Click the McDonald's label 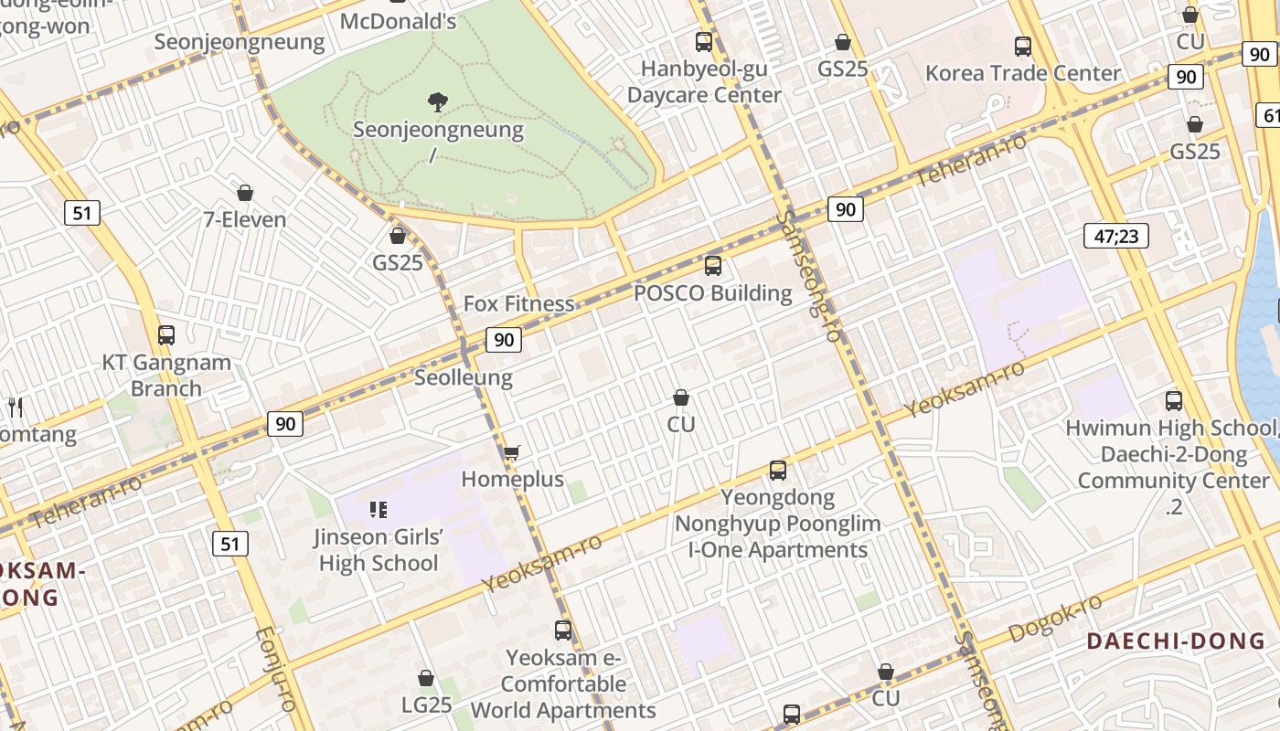[x=398, y=20]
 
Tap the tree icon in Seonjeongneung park [x=438, y=101]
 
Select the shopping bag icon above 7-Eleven [x=244, y=193]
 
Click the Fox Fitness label [x=518, y=303]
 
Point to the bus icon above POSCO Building [x=713, y=266]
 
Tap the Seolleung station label [x=464, y=377]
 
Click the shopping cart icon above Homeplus [x=512, y=452]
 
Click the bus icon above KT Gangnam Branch [x=165, y=334]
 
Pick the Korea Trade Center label [x=1023, y=73]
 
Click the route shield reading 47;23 [x=1115, y=236]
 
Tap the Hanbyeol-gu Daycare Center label [x=704, y=81]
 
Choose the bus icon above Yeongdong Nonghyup [x=778, y=471]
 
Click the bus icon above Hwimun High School [x=1174, y=400]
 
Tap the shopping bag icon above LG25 [x=426, y=678]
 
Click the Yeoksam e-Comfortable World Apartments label [x=563, y=683]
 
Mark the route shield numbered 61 [x=1269, y=115]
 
